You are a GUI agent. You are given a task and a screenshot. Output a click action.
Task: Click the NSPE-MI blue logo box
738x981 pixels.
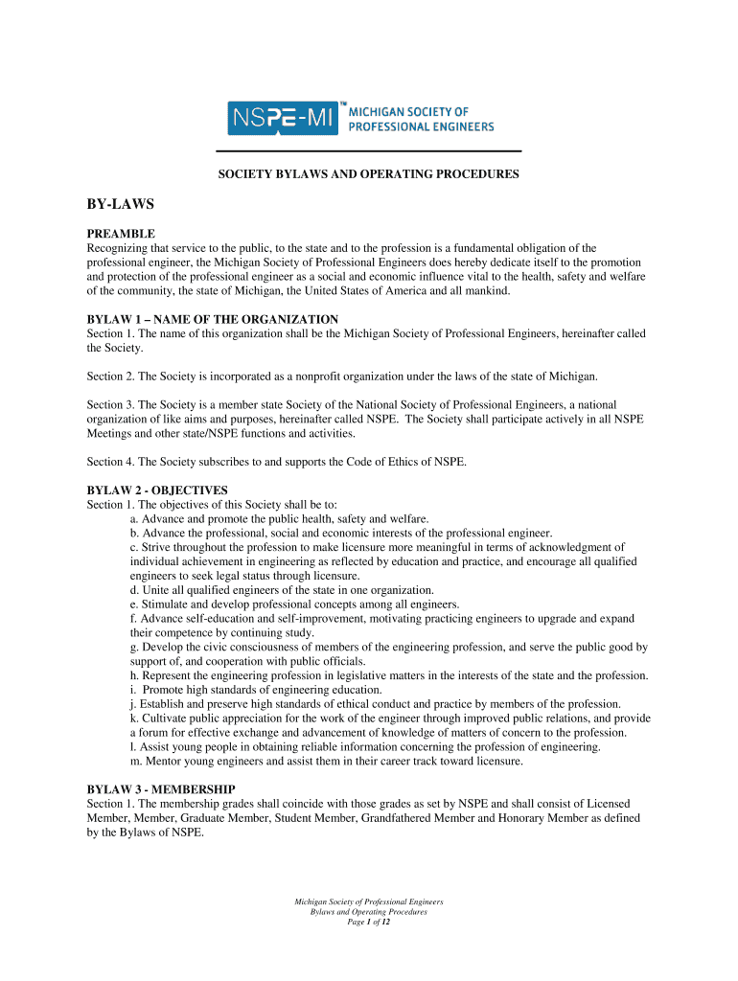[283, 119]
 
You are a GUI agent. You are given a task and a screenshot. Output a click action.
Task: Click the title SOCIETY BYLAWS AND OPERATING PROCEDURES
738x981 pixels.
[369, 174]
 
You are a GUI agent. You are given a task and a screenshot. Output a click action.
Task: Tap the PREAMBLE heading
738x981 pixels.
[121, 234]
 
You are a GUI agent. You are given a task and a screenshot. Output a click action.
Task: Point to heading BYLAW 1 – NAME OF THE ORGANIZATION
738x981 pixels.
[213, 319]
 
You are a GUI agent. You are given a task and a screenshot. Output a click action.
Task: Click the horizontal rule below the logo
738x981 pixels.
[369, 151]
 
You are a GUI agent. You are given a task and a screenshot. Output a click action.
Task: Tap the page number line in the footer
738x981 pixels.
[369, 923]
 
